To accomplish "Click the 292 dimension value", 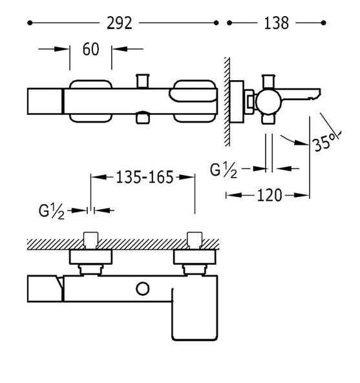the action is tap(120, 23).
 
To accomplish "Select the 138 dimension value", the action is tap(277, 23).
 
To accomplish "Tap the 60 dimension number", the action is tap(91, 49).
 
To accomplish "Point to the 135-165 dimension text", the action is tap(144, 177).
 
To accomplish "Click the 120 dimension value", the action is tap(270, 195).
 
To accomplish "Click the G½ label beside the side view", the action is tap(224, 170).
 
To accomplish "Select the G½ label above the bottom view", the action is tap(52, 211).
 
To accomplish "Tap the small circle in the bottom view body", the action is tap(142, 289).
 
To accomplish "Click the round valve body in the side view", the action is tap(269, 102).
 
